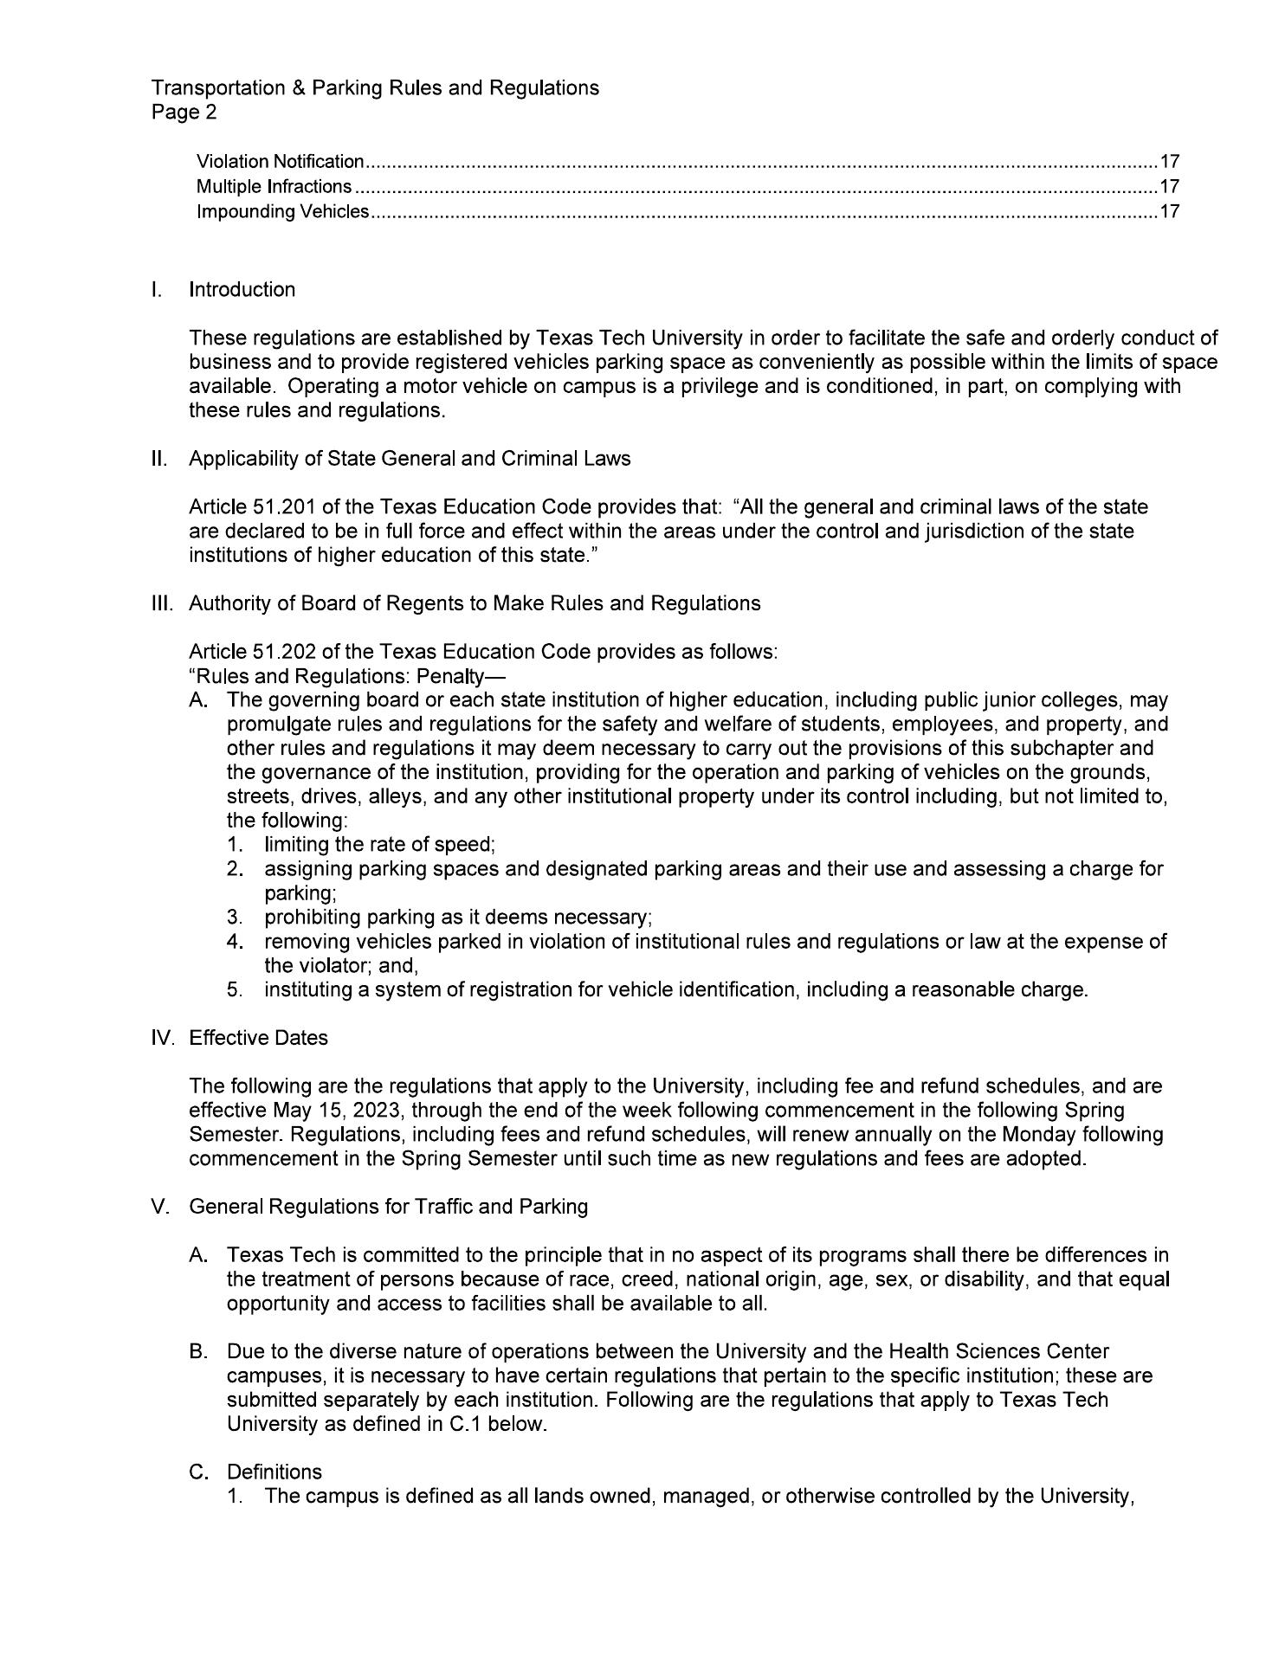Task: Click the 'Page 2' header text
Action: pyautogui.click(x=184, y=113)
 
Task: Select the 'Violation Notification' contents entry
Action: pyautogui.click(x=280, y=162)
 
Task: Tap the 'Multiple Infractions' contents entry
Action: pyautogui.click(x=274, y=187)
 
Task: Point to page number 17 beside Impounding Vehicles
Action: pyautogui.click(x=1170, y=212)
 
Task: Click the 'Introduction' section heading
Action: pyautogui.click(x=242, y=290)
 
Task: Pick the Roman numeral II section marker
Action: pyautogui.click(x=158, y=459)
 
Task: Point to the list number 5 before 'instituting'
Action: pyautogui.click(x=234, y=990)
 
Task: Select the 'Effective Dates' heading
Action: pyautogui.click(x=258, y=1038)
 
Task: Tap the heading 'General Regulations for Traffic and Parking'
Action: pyautogui.click(x=388, y=1207)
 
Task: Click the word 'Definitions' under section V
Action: pyautogui.click(x=274, y=1472)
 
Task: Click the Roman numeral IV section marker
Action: pyautogui.click(x=162, y=1038)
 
